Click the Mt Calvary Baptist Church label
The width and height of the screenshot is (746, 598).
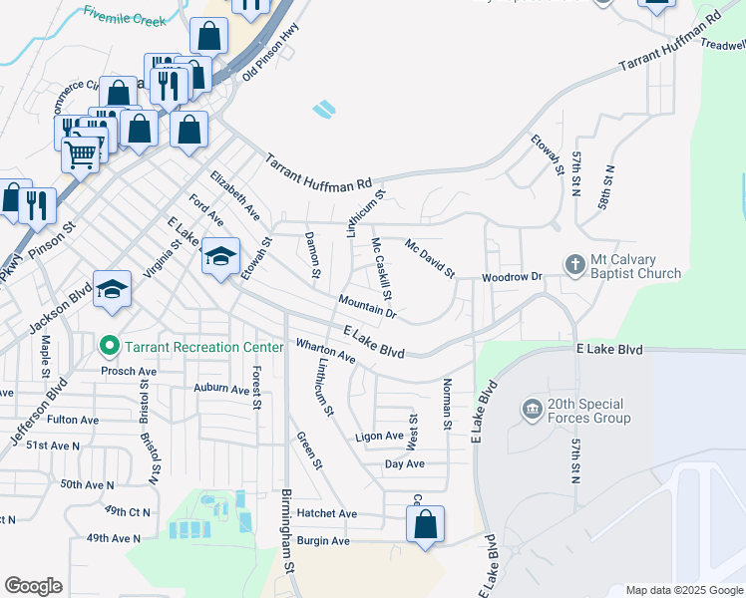pyautogui.click(x=635, y=266)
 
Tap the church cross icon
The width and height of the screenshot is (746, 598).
pyautogui.click(x=574, y=265)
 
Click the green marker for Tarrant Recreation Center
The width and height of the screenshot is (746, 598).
pyautogui.click(x=111, y=347)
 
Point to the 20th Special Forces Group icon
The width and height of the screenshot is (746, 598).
pyautogui.click(x=531, y=409)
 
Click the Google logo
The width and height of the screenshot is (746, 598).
pyautogui.click(x=33, y=586)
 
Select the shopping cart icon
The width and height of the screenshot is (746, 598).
pyautogui.click(x=81, y=153)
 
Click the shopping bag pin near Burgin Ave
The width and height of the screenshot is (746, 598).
pyautogui.click(x=425, y=523)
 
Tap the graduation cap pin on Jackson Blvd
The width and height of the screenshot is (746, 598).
pyautogui.click(x=113, y=289)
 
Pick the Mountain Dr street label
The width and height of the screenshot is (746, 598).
pyautogui.click(x=367, y=307)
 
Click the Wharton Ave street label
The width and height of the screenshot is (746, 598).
pyautogui.click(x=325, y=351)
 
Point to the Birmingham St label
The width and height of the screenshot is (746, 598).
pyautogui.click(x=289, y=559)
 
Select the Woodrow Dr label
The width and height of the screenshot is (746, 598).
pyautogui.click(x=512, y=276)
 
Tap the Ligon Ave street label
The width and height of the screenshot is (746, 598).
pyautogui.click(x=379, y=437)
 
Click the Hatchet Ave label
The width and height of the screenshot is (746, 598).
pyautogui.click(x=326, y=513)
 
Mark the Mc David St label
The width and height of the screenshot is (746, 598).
pyautogui.click(x=430, y=258)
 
